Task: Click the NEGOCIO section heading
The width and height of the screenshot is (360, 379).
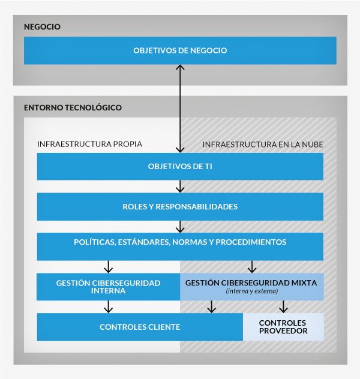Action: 43,27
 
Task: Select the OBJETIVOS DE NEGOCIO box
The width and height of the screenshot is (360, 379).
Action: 180,51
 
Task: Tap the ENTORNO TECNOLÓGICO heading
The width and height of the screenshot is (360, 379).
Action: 73,108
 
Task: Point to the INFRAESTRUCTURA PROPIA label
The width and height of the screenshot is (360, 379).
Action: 89,145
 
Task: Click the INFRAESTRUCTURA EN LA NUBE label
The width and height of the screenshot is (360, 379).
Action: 262,145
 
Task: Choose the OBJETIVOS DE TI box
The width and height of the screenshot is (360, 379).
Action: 180,167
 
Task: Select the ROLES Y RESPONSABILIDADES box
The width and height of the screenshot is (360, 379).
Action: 180,207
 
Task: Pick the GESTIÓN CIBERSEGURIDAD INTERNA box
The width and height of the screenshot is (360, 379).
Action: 108,287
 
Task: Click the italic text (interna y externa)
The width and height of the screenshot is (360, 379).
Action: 251,291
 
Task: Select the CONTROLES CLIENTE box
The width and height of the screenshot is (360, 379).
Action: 140,327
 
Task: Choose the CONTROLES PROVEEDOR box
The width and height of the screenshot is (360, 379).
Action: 283,327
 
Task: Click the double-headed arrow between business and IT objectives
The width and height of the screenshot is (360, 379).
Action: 179,108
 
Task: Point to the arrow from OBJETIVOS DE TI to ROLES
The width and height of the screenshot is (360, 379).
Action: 179,187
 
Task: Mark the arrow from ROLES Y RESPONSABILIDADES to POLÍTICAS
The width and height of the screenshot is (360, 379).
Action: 179,227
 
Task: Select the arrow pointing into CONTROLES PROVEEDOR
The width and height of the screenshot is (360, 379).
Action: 284,307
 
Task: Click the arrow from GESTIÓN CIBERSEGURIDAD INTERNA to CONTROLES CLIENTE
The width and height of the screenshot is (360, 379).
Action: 108,307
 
